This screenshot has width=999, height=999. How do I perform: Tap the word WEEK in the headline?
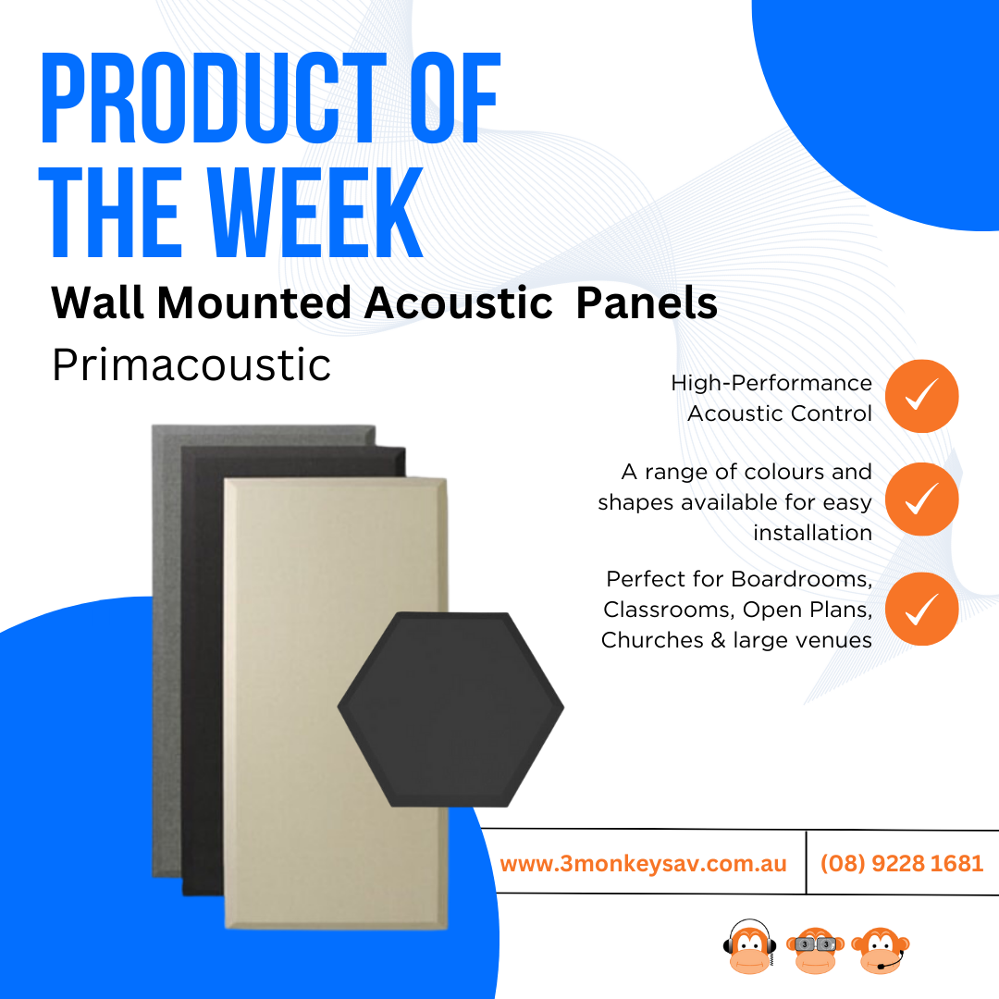316,212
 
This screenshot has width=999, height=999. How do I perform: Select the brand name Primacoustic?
191,365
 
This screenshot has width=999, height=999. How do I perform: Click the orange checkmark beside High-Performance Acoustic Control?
922,396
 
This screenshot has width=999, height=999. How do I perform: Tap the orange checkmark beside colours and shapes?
922,499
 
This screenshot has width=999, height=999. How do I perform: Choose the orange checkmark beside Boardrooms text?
922,609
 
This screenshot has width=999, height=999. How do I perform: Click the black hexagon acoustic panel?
450,709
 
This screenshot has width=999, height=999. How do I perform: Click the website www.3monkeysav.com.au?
644,863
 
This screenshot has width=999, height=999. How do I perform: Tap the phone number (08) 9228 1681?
902,863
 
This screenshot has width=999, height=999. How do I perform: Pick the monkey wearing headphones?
750,947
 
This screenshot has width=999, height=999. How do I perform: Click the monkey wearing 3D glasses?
815,950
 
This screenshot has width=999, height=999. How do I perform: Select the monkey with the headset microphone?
881,950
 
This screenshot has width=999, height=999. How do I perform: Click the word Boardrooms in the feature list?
801,579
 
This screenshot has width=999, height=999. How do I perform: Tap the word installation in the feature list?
812,533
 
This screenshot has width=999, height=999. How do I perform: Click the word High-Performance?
771,383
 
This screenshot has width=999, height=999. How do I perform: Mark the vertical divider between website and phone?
806,862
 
